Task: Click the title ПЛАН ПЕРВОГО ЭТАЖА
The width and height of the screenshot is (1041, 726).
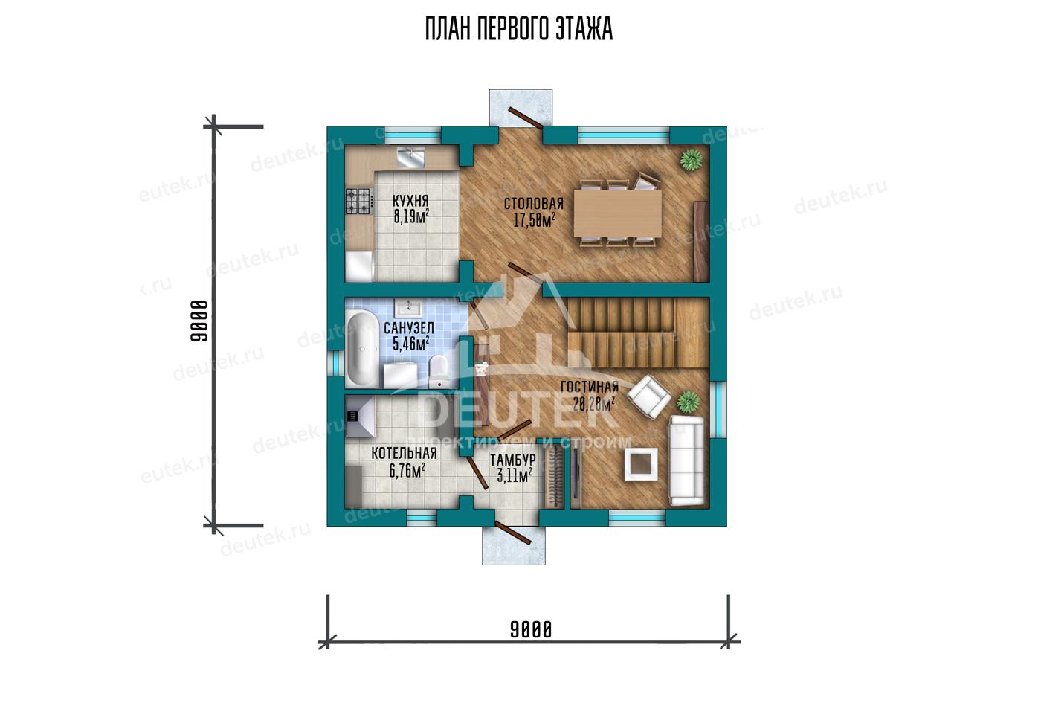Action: point(519,29)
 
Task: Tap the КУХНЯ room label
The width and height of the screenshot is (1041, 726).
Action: point(410,202)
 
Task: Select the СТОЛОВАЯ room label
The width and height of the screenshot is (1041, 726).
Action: point(534,204)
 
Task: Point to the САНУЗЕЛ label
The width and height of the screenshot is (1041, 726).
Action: point(409,328)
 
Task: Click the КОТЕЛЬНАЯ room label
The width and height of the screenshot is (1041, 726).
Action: point(404,453)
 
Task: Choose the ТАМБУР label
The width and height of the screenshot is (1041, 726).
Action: point(513,460)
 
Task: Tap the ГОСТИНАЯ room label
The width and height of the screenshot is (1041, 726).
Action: point(590,387)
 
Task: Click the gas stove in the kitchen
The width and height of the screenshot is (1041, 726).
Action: point(358,201)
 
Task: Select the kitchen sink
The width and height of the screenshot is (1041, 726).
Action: point(410,157)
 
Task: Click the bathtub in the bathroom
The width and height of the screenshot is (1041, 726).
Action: point(361,349)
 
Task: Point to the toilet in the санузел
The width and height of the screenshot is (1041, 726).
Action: point(438,371)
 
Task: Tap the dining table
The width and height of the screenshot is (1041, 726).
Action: point(618,213)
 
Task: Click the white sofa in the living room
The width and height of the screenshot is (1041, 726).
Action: point(686,460)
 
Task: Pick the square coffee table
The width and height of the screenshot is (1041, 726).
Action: point(641,464)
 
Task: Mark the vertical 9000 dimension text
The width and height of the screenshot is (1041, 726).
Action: point(199,321)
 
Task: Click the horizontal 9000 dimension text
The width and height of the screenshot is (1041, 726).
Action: point(531,630)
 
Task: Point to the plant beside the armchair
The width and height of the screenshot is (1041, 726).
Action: point(688,402)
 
